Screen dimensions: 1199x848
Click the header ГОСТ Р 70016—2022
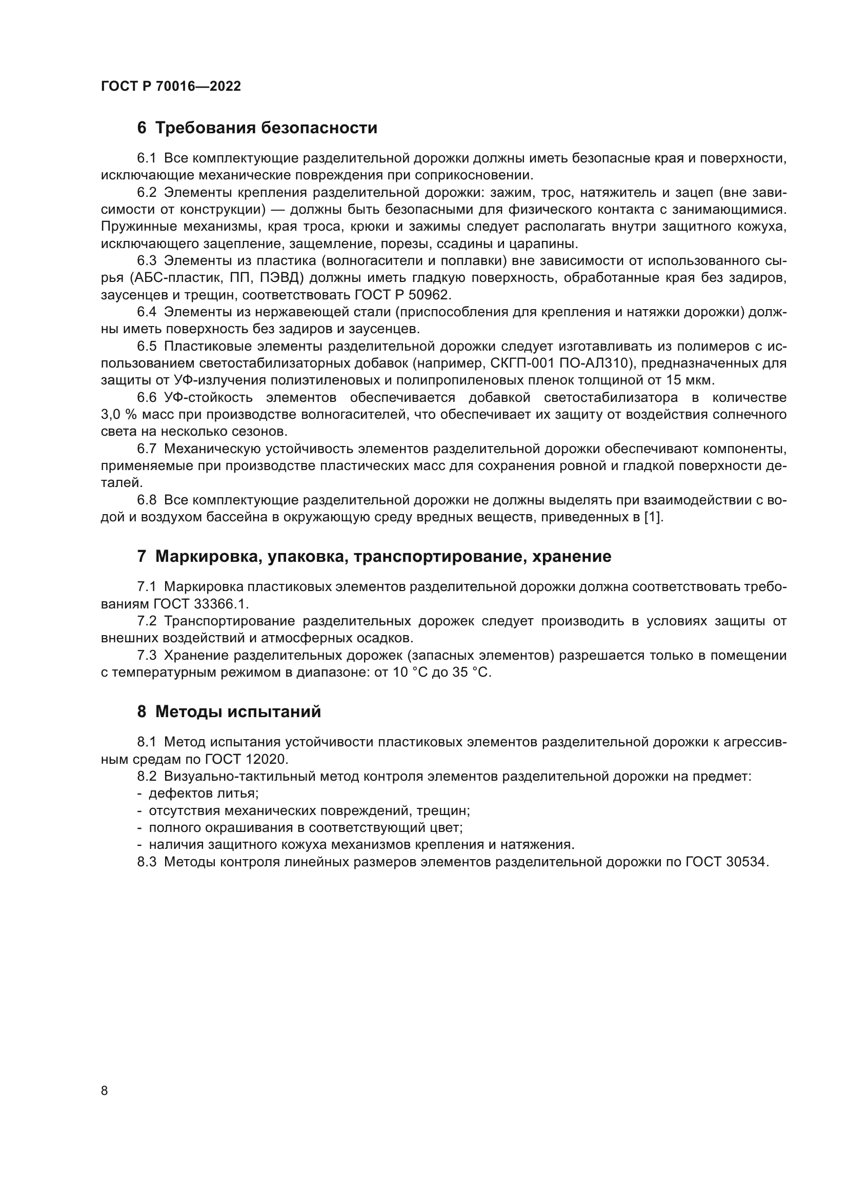[x=171, y=87]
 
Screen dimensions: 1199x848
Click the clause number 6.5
[x=147, y=346]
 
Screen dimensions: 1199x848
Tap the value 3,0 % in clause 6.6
[x=119, y=415]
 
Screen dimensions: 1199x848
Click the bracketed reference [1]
[x=652, y=518]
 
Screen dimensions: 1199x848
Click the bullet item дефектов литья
[x=203, y=793]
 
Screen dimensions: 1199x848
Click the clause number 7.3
[x=147, y=656]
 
